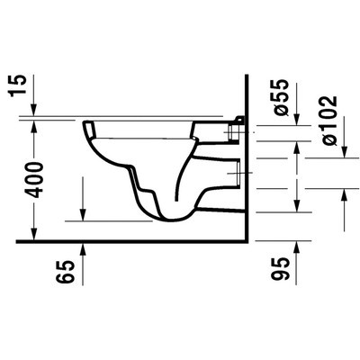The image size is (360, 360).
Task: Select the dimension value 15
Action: (x=33, y=86)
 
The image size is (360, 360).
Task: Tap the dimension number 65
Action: (x=61, y=271)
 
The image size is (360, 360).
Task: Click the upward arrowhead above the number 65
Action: (x=84, y=247)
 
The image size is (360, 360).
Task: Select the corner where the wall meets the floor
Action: (x=247, y=241)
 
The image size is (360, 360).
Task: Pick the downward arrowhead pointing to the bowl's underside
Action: (x=84, y=215)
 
